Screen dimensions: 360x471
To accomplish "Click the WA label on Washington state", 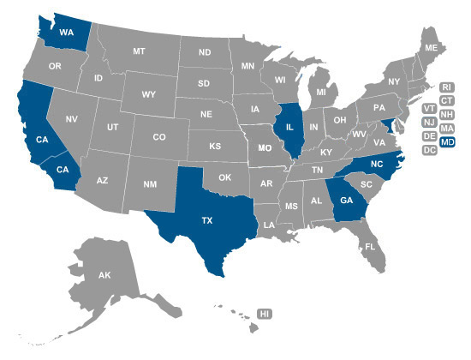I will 66,33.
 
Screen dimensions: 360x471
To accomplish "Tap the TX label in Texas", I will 206,220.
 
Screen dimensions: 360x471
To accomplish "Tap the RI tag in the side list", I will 446,87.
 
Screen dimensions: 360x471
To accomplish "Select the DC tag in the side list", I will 431,151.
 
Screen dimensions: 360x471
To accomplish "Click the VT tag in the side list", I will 431,109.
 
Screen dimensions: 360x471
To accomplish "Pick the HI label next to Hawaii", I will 265,315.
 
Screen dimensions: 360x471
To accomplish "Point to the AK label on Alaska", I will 104,276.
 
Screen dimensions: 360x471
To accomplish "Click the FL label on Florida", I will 370,246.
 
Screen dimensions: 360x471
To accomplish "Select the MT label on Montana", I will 139,51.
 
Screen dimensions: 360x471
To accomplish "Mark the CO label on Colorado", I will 159,137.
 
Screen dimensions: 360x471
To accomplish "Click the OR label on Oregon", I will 55,66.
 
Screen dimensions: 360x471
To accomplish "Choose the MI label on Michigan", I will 321,92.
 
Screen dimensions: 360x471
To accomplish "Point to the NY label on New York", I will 394,81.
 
